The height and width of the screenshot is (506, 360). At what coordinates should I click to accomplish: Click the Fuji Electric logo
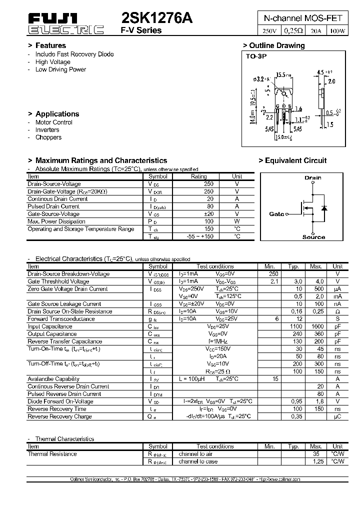[65, 24]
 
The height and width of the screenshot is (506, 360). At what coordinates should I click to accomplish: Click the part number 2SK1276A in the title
[157, 18]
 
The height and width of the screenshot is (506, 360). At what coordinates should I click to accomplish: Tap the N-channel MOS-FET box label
[303, 18]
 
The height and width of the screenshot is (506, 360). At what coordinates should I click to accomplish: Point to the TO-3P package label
[256, 56]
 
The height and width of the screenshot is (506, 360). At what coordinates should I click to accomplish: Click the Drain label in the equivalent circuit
[313, 177]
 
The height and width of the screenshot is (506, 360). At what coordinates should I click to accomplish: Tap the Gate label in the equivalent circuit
[276, 214]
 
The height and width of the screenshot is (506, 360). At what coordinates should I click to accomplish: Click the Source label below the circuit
[313, 237]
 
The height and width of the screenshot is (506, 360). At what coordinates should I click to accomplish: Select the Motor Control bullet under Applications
[53, 122]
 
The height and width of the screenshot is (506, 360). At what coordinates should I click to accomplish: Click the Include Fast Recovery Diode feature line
[74, 54]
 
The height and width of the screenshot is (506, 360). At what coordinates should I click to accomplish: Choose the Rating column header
[199, 176]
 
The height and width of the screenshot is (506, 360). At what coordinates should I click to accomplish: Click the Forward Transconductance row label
[61, 318]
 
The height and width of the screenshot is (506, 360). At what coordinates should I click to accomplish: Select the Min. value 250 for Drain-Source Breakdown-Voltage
[273, 273]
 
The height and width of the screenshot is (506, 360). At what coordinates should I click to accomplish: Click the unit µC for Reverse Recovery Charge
[338, 416]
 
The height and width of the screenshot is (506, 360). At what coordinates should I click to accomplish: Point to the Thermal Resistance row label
[52, 454]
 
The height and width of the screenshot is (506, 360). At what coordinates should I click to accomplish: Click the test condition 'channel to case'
[198, 461]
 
